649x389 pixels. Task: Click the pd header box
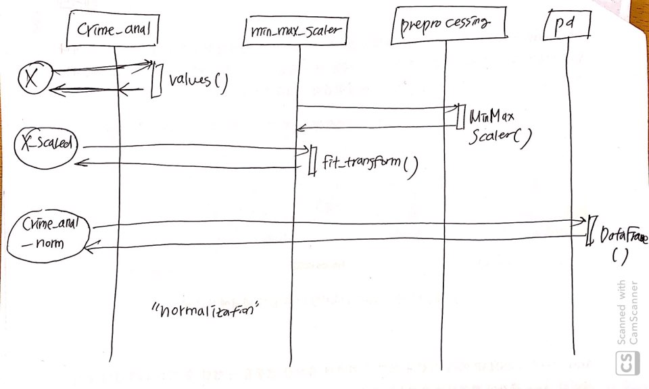pyautogui.click(x=567, y=26)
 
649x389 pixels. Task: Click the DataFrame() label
pyautogui.click(x=621, y=242)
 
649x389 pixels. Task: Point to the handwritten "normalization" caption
pyautogui.click(x=207, y=312)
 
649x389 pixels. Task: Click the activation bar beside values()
pyautogui.click(x=155, y=80)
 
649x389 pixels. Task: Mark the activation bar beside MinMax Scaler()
pyautogui.click(x=460, y=115)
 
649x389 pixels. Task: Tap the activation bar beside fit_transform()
pyautogui.click(x=312, y=161)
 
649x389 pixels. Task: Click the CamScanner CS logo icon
pyautogui.click(x=626, y=361)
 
